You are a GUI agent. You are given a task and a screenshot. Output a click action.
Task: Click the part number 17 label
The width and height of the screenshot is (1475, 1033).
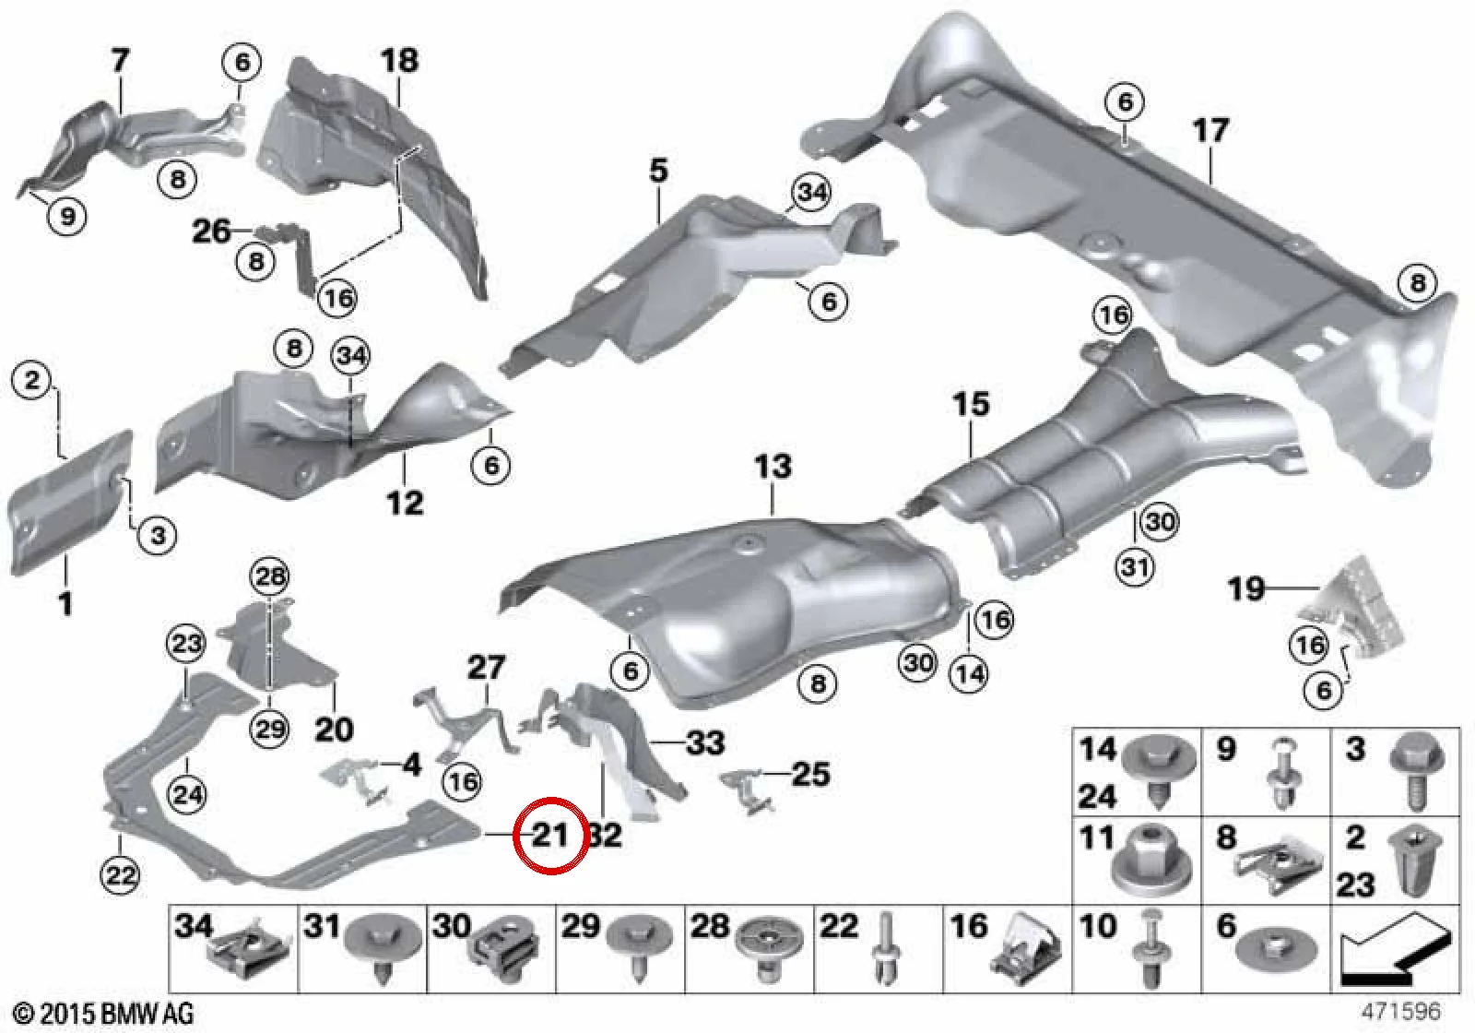click(1210, 131)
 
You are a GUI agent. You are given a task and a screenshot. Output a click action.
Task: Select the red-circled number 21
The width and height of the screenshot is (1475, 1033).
click(550, 836)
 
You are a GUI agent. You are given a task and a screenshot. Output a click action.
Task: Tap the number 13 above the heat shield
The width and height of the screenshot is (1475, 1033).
click(773, 467)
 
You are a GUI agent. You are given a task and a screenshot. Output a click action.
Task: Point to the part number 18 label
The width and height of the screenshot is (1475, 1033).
click(399, 61)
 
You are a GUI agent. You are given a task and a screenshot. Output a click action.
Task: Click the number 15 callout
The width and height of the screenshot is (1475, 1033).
click(971, 404)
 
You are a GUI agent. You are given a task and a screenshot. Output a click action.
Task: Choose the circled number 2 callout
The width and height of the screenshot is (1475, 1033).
click(33, 380)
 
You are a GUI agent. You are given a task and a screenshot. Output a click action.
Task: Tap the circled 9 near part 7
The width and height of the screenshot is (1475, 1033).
click(68, 216)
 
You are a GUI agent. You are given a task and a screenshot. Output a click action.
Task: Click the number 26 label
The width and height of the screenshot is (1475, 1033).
click(211, 232)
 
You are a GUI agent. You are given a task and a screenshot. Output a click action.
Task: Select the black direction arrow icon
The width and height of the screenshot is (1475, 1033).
click(1395, 951)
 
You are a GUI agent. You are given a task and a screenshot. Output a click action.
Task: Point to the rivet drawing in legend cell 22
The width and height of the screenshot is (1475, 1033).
click(886, 949)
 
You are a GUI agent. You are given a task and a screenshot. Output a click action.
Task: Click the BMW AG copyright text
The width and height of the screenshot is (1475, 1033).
click(104, 1014)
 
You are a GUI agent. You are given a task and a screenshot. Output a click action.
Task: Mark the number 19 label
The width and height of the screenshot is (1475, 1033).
click(1245, 588)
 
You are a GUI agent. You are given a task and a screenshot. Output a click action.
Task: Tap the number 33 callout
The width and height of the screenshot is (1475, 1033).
click(705, 742)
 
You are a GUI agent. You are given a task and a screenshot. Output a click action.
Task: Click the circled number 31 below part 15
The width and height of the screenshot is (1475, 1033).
click(1135, 566)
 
